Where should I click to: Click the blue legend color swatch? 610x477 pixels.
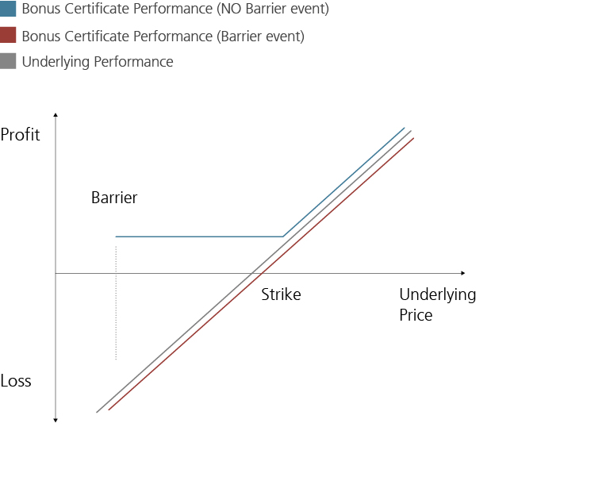8,10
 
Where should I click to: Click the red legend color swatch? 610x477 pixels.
8,36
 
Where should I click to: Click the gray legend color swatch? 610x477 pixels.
8,61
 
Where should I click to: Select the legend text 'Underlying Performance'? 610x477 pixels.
98,62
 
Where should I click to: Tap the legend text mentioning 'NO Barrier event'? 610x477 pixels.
175,10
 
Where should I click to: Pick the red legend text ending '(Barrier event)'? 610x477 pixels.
163,36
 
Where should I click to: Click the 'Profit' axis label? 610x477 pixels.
20,134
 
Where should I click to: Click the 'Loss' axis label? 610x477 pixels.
16,381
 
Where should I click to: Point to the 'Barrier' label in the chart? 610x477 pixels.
114,198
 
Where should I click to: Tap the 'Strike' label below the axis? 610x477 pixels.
281,294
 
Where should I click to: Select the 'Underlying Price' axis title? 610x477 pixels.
437,305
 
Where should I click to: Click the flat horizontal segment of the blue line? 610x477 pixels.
198,237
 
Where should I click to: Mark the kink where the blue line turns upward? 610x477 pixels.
282,237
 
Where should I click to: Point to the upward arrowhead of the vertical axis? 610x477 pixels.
56,116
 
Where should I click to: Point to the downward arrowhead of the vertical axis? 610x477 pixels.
56,420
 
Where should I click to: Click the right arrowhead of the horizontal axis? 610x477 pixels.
462,273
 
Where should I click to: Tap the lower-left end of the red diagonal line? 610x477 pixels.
109,410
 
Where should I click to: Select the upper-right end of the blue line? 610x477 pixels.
404,127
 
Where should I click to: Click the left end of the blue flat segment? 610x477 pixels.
116,237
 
